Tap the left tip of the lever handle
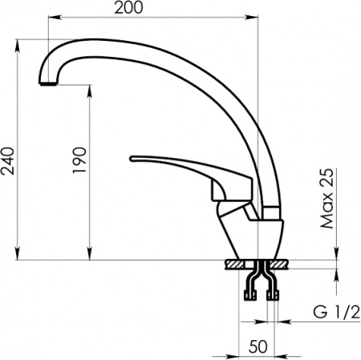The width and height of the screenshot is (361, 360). (x=133, y=160)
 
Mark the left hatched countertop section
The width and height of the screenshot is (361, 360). (x=238, y=264)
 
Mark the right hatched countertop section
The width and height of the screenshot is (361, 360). (x=280, y=264)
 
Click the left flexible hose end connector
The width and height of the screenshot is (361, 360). (x=250, y=294)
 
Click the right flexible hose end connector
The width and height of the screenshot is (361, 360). (x=273, y=294)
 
